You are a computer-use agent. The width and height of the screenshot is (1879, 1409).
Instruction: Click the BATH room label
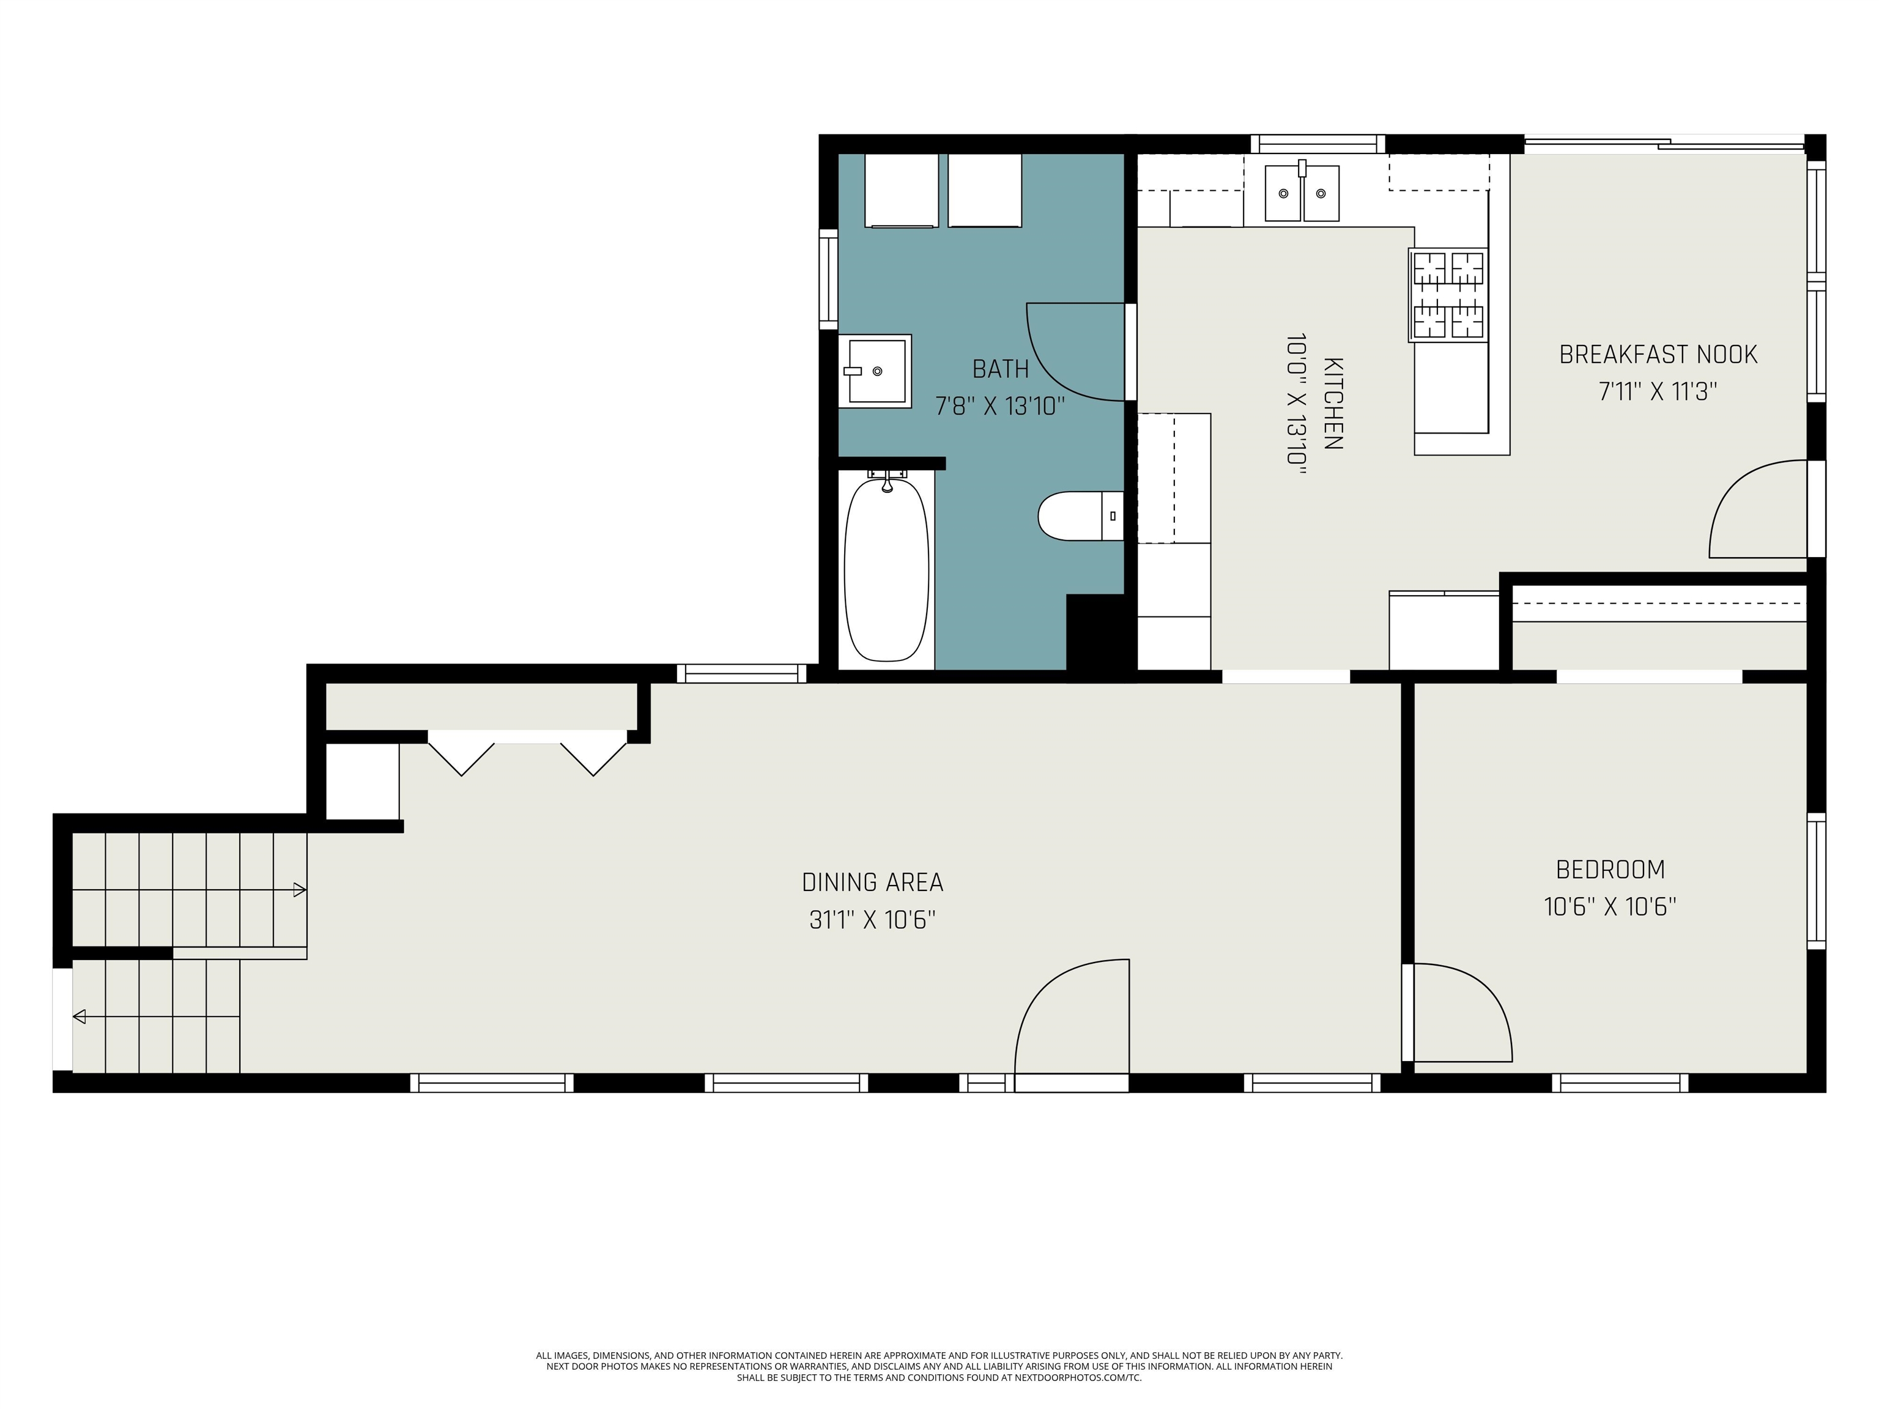(1000, 369)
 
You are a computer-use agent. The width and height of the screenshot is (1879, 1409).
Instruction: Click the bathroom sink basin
(875, 371)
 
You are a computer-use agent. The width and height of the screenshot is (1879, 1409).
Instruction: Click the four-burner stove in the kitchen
(1448, 295)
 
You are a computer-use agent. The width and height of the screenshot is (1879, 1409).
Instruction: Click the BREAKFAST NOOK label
(1658, 354)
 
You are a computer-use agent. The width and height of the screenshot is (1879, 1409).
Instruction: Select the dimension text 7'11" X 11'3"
(1658, 391)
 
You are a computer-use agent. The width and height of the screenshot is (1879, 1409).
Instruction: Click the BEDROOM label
(1610, 869)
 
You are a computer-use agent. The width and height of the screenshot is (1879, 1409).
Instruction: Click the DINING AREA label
(872, 882)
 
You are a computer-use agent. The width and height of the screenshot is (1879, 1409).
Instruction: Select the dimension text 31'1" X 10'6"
(872, 920)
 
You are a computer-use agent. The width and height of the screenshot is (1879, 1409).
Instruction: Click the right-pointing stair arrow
(299, 890)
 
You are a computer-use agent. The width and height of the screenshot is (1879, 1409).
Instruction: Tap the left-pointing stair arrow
(80, 1016)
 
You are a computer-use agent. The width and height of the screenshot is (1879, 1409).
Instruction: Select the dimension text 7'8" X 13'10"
(1000, 406)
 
